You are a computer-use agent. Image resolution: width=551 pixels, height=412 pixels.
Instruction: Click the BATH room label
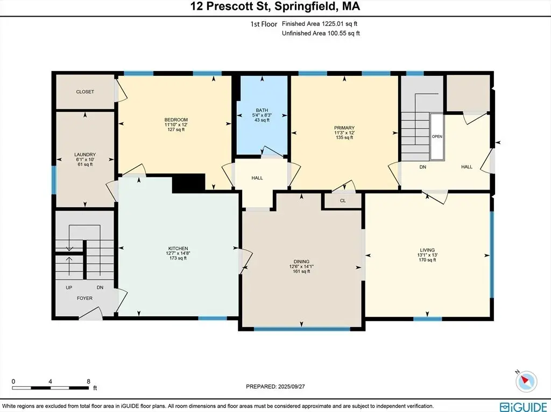(262, 110)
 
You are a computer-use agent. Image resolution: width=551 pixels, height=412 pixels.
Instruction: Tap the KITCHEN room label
(178, 249)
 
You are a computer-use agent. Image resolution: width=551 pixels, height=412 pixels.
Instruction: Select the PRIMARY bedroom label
(344, 128)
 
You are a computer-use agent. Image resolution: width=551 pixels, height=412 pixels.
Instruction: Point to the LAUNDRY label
(85, 154)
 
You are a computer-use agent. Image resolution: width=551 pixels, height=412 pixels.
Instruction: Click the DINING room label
(301, 262)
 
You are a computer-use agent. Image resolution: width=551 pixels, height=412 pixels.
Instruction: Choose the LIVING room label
(427, 250)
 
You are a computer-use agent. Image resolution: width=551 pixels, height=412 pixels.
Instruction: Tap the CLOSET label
(85, 92)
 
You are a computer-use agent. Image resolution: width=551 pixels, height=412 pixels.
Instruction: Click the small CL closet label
(343, 201)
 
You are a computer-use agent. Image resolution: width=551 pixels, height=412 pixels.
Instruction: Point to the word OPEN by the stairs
(437, 136)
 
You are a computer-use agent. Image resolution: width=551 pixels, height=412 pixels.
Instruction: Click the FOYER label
(84, 298)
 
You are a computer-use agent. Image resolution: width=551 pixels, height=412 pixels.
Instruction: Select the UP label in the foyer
(69, 287)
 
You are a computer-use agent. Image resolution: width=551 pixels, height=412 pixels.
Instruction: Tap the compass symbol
(526, 380)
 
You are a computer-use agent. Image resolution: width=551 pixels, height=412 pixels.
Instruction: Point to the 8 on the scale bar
(89, 381)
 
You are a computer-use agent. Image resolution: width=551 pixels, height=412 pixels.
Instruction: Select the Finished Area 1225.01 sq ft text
(320, 24)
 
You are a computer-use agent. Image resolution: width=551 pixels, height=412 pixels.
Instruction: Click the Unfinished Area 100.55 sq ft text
(321, 33)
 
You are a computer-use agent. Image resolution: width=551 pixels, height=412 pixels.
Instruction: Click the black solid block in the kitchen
(189, 183)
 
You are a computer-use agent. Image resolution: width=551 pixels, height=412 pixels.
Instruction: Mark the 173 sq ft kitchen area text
(178, 258)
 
